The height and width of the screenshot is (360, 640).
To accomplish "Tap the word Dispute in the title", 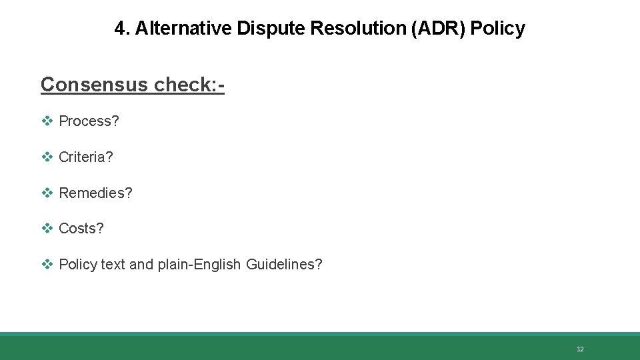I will pos(255,28).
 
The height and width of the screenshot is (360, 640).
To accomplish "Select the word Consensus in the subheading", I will pos(94,84).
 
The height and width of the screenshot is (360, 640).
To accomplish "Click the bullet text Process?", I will pos(89,121).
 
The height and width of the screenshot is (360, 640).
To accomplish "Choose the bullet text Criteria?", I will pos(86,157).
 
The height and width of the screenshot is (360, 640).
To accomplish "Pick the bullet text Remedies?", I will pos(95,193).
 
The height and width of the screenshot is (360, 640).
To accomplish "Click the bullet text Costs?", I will pos(81,229).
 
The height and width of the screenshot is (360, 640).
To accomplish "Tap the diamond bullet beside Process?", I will pos(47,121).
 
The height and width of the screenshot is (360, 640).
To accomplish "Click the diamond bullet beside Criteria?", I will pos(47,157).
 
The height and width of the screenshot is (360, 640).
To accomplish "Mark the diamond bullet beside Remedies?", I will pos(47,193).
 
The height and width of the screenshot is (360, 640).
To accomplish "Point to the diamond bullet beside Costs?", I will pos(47,229).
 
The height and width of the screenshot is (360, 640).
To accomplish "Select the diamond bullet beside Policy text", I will pos(47,265).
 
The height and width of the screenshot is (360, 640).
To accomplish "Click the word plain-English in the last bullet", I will pos(199,265).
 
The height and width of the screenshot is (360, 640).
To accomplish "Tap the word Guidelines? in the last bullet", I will pos(284,265).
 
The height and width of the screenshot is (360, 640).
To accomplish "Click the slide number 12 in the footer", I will pos(580,349).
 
